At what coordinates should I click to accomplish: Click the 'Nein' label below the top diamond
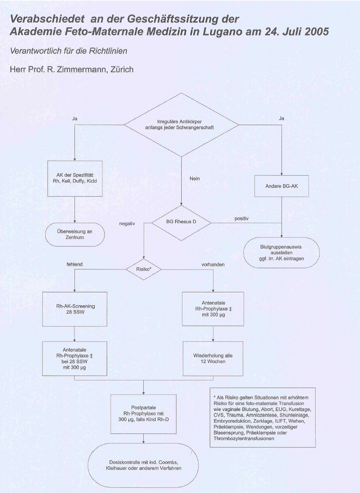click(x=194, y=179)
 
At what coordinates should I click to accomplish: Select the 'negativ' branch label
click(x=127, y=224)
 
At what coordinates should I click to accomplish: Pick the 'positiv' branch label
click(x=241, y=218)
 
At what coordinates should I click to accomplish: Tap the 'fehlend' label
click(x=75, y=264)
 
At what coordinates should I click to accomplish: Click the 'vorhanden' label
click(x=213, y=265)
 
